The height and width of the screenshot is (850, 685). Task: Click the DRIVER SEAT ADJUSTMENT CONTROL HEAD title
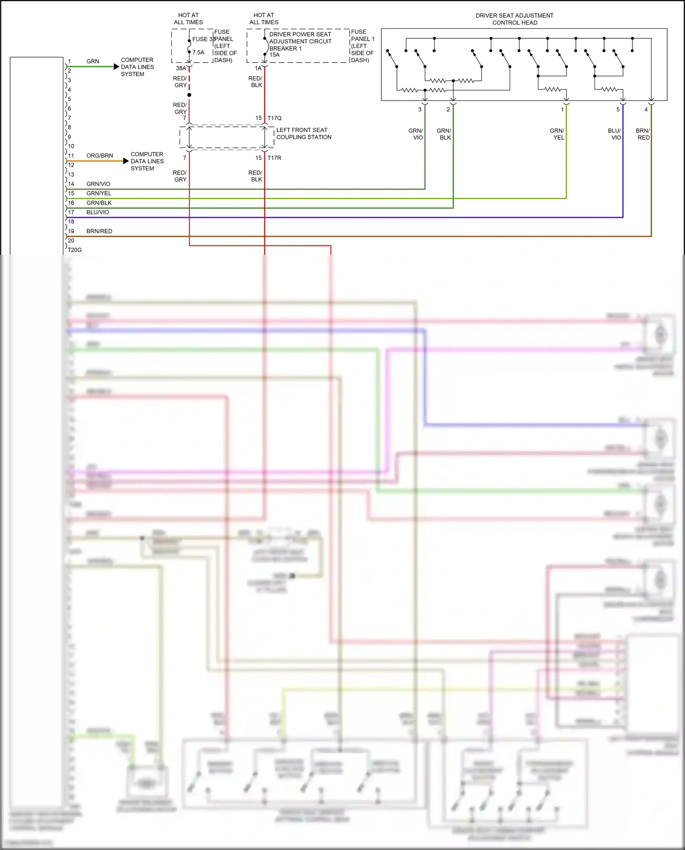515,19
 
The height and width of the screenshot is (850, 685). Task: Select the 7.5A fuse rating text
198,53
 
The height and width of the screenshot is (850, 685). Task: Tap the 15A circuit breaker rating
274,55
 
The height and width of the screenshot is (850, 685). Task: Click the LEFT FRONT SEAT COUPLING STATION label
303,133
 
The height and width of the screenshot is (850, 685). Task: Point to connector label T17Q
274,118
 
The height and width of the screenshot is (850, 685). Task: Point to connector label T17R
274,158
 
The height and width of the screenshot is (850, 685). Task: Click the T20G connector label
74,250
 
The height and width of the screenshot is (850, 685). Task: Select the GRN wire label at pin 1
93,61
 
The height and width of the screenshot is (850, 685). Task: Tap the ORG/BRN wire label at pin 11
100,156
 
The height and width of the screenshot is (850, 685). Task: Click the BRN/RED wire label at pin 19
99,231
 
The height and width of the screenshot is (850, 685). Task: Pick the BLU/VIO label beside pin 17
98,212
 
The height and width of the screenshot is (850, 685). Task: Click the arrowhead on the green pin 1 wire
116,67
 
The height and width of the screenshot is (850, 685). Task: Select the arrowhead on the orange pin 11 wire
126,161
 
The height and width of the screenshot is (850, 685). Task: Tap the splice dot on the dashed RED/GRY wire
189,95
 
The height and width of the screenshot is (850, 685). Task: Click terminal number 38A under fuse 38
181,69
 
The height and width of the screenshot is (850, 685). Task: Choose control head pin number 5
618,110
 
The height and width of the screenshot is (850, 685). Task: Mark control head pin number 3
420,110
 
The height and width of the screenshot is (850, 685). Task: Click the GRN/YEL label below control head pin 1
558,134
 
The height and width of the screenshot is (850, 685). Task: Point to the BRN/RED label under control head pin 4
643,134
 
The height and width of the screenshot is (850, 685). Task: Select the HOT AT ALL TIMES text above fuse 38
188,19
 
